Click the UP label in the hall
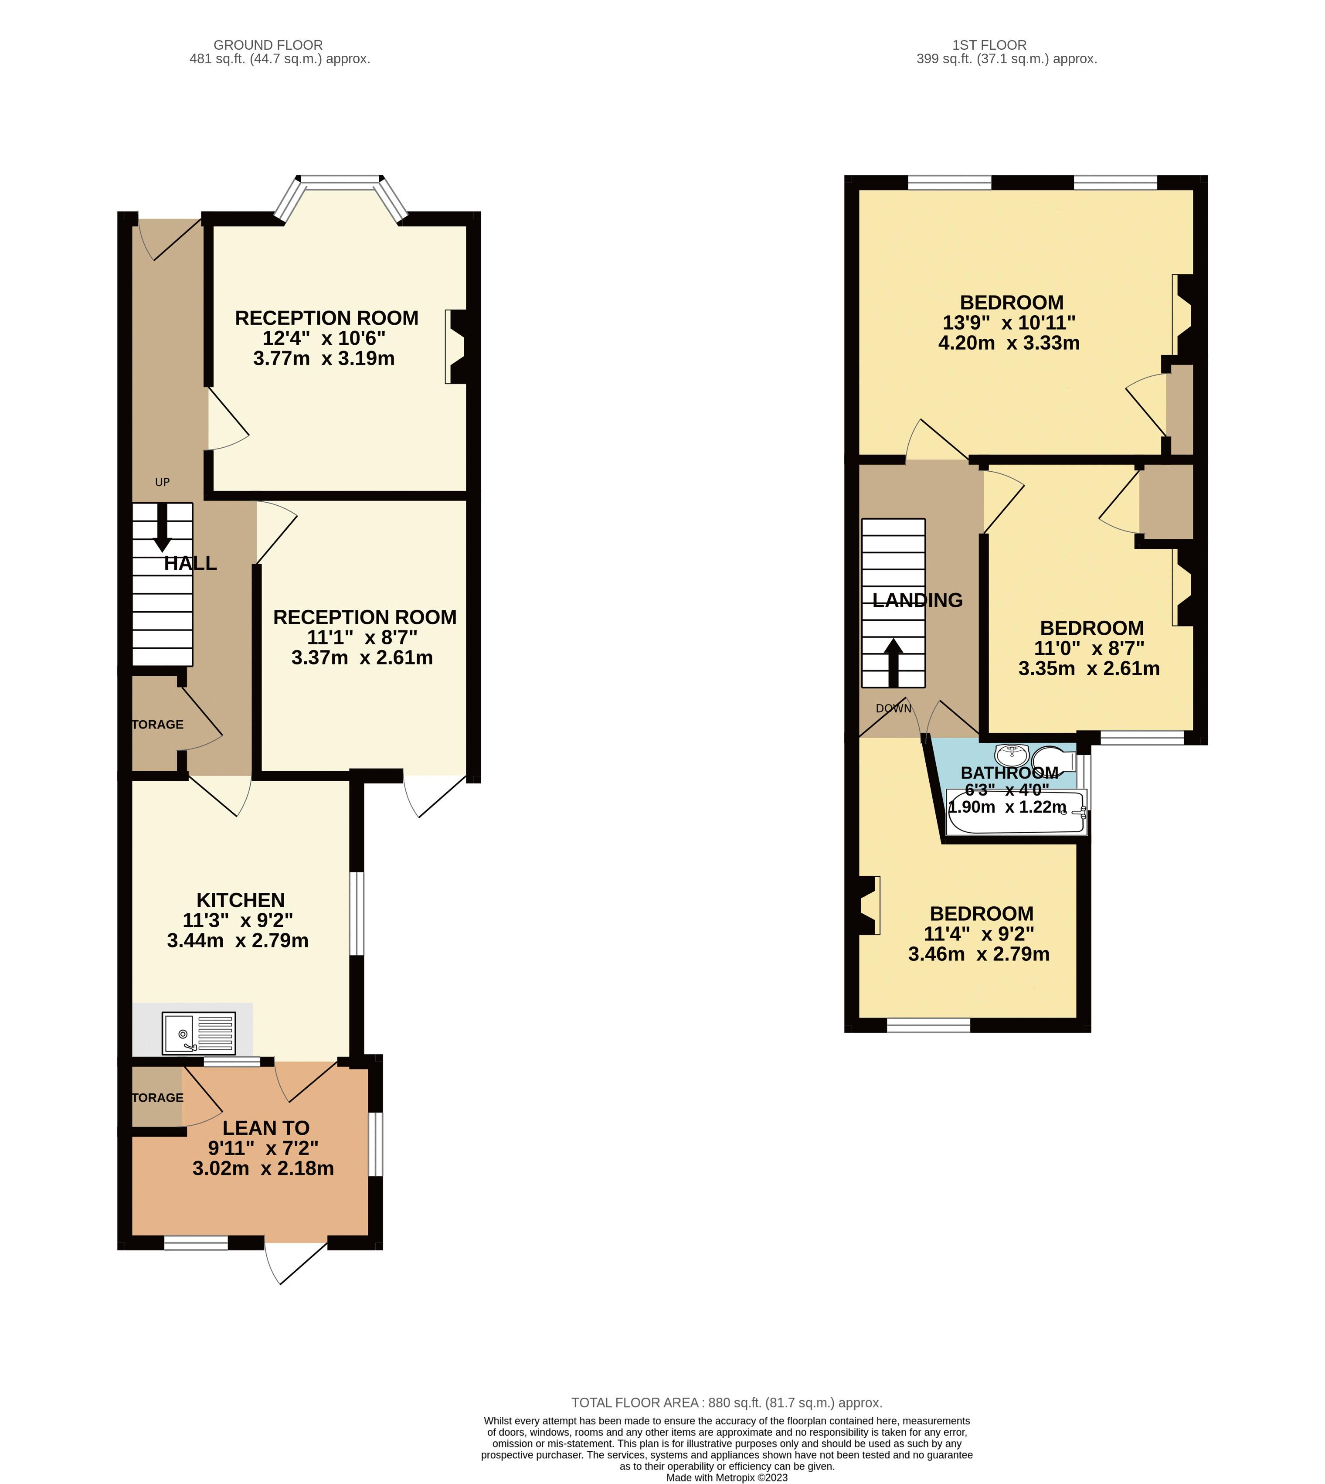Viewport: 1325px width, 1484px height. pyautogui.click(x=162, y=482)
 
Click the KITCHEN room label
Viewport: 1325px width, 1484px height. pyautogui.click(x=240, y=900)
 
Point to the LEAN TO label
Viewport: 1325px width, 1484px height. pyautogui.click(x=266, y=1128)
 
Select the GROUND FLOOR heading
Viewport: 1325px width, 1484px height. pyautogui.click(x=268, y=45)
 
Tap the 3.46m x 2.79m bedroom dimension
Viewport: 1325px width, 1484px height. pyautogui.click(x=978, y=954)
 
